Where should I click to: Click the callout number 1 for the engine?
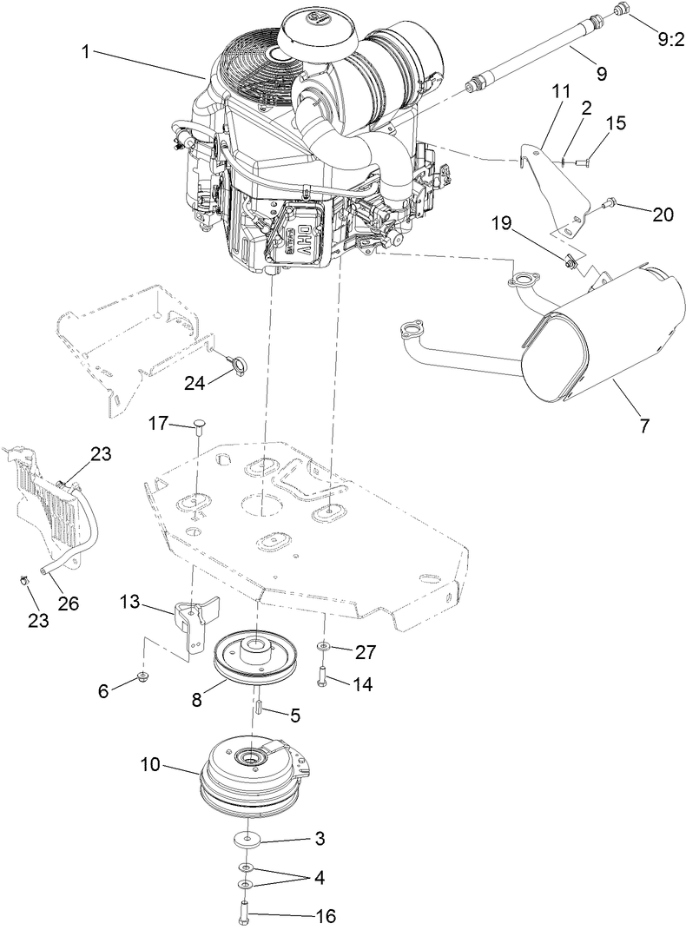coord(85,51)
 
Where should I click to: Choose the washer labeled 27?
coord(324,647)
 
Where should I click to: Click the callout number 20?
coord(663,214)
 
